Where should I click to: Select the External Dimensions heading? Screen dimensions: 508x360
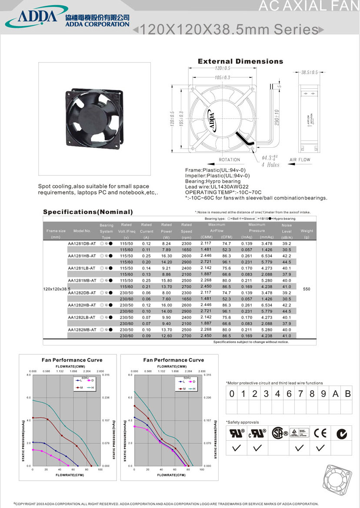pyautogui.click(x=240, y=61)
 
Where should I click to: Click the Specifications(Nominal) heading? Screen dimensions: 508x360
pyautogui.click(x=88, y=212)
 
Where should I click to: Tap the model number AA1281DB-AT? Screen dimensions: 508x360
pyautogui.click(x=82, y=243)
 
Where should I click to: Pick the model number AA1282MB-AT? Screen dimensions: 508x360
pyautogui.click(x=82, y=329)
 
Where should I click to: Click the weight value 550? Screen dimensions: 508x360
pyautogui.click(x=307, y=289)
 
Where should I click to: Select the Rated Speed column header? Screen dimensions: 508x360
pyautogui.click(x=186, y=231)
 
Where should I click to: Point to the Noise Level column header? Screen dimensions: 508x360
pyautogui.click(x=287, y=231)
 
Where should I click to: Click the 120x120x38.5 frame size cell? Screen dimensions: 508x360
pyautogui.click(x=57, y=289)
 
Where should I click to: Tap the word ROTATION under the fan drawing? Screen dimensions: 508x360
pyautogui.click(x=230, y=160)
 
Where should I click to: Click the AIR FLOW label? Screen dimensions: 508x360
pyautogui.click(x=300, y=160)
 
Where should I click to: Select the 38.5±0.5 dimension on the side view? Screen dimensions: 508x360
pyautogui.click(x=309, y=72)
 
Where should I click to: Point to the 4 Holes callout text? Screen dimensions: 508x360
pyautogui.click(x=270, y=165)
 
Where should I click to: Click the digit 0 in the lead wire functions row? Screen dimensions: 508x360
pyautogui.click(x=232, y=394)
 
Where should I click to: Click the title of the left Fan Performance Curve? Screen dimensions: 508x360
pyautogui.click(x=72, y=360)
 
